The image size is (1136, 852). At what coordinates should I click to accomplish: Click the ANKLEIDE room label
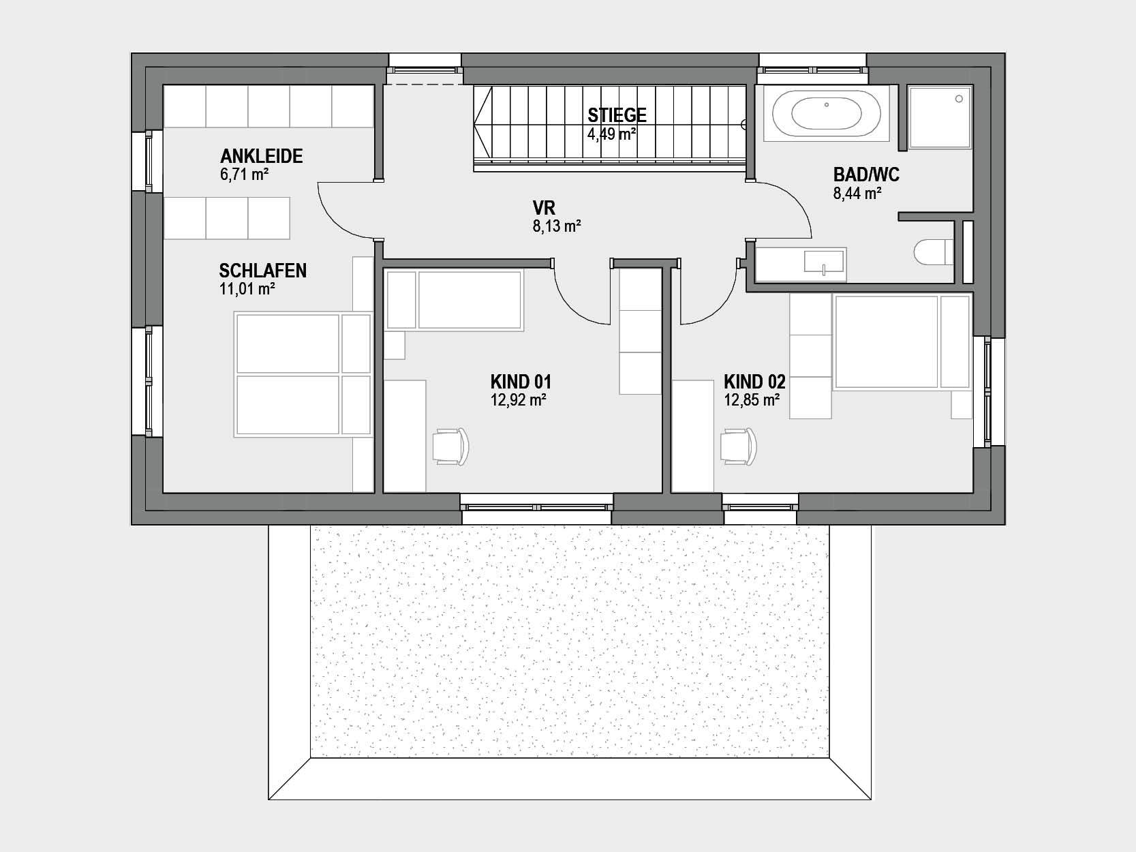262,156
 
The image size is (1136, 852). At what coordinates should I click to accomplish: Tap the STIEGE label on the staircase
617,115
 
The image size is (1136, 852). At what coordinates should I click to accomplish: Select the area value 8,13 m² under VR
557,226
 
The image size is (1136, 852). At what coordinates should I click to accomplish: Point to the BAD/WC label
866,174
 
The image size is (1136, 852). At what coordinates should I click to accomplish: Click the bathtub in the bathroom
826,113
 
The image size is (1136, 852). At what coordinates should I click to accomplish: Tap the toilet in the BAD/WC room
933,253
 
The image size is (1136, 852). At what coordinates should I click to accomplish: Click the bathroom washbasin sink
823,262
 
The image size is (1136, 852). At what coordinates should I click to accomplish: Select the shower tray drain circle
959,98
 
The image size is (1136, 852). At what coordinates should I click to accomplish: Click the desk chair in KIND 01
450,446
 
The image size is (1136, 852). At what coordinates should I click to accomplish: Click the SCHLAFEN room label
262,271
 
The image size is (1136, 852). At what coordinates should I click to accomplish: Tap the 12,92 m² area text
519,400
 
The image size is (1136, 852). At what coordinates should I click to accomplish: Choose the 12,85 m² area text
752,400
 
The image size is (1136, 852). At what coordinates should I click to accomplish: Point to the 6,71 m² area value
244,174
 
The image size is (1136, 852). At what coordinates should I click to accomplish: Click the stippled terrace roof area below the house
569,642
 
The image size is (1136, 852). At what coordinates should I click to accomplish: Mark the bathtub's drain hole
827,104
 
